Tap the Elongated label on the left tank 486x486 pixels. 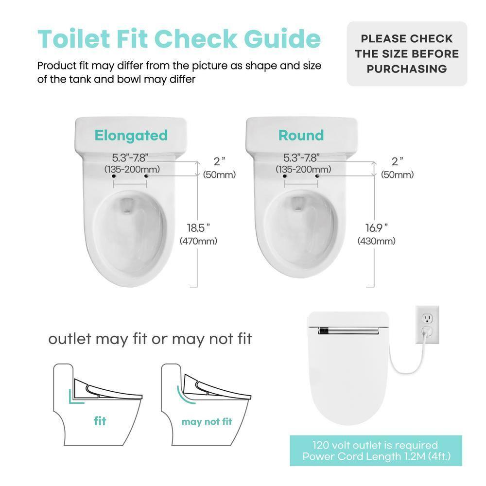pos(131,135)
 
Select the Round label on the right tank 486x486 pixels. pos(301,135)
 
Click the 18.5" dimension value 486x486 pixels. pos(199,227)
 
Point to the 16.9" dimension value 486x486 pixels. pos(377,227)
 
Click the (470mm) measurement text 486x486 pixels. pos(198,241)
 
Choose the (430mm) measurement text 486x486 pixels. pos(377,241)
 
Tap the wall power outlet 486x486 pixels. pos(427,325)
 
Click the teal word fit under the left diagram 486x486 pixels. pos(101,421)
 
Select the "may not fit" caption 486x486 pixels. pos(207,421)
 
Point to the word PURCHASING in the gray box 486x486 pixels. pos(407,69)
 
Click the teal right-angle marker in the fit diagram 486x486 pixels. pos(74,396)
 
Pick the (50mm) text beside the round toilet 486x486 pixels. pos(397,175)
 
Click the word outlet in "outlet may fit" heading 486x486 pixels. pos(69,339)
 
